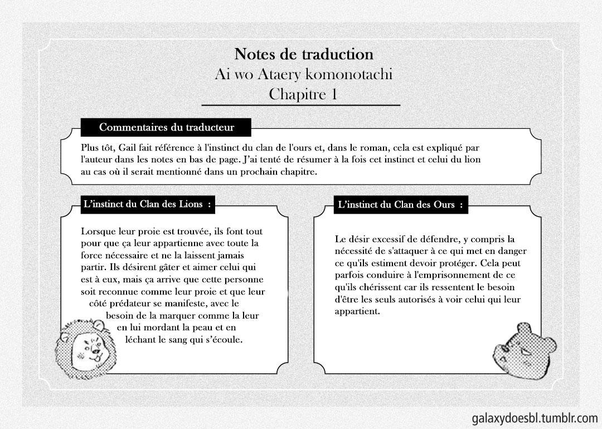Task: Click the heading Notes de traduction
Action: pos(304,54)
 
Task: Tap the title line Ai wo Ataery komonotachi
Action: pos(304,74)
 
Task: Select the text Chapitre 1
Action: pos(303,94)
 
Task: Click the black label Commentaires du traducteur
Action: pos(166,127)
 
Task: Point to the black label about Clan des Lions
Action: pos(147,204)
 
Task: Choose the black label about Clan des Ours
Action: pos(400,205)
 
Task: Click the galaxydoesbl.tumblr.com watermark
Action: pos(534,418)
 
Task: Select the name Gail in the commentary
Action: pos(129,148)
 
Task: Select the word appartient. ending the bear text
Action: pos(357,311)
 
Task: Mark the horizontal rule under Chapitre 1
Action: pos(301,105)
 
